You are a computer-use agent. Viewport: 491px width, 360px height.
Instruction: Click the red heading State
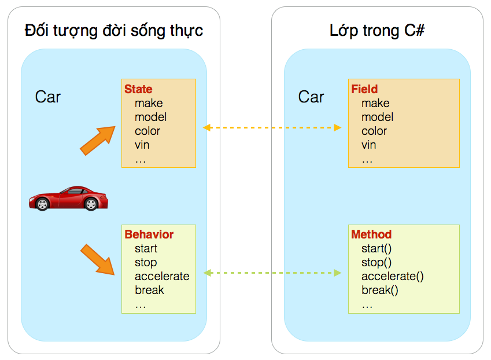pos(138,89)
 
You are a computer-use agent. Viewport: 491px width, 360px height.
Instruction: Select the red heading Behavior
pos(149,234)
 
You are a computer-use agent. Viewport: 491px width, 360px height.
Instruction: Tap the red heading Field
pos(364,89)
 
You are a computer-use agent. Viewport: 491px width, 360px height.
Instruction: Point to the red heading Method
pos(371,234)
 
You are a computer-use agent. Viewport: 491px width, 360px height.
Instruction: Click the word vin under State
pos(142,145)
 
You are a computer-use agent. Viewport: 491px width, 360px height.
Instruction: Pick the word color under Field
pos(374,131)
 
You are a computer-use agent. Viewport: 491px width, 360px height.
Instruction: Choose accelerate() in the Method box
pos(393,276)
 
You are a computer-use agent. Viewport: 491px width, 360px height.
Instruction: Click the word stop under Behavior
pos(146,263)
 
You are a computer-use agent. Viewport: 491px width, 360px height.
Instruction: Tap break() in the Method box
pos(380,291)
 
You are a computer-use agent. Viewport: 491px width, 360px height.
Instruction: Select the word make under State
pos(149,103)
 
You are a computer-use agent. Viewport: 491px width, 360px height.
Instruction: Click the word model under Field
pos(377,117)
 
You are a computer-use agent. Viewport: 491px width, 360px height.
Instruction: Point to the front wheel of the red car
pos(42,204)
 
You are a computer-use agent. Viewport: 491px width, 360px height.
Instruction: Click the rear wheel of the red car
pos(91,204)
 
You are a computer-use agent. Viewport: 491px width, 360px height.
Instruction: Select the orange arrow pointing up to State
pos(97,141)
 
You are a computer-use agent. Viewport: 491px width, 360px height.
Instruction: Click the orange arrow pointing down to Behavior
pos(97,259)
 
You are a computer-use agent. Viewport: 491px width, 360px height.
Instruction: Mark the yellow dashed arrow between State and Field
pos(272,127)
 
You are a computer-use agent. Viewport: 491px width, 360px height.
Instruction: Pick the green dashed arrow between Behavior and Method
pos(272,273)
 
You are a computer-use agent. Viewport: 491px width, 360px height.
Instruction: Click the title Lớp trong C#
pos(377,31)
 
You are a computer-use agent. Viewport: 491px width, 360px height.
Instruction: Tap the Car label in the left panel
pos(48,97)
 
